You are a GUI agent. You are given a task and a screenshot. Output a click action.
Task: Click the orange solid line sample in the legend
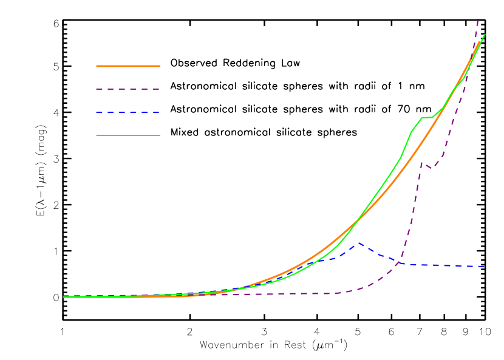coord(128,66)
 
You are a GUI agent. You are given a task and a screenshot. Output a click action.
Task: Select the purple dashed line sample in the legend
coord(128,89)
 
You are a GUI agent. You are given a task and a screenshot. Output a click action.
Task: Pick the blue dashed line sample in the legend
coord(128,112)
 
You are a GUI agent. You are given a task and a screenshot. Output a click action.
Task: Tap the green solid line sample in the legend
coord(128,135)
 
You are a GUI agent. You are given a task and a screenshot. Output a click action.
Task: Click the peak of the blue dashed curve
coord(359,243)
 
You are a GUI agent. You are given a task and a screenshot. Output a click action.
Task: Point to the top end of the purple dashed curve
coord(478,20)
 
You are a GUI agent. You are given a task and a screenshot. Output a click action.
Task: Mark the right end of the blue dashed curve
coord(485,267)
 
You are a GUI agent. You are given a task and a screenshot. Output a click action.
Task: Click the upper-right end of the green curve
coord(485,35)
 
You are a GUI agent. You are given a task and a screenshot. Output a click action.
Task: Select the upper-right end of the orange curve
coord(480,42)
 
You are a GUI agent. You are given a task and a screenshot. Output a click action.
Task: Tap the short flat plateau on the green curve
coord(427,117)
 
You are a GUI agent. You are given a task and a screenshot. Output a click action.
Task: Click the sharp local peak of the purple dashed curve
coord(422,163)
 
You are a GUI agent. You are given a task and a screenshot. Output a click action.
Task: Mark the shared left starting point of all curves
coord(64,297)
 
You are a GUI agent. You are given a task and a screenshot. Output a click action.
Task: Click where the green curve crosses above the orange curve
coord(356,222)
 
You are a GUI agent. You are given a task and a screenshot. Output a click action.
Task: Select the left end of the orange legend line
coord(97,66)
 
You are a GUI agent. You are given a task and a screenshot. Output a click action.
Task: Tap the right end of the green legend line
coord(160,135)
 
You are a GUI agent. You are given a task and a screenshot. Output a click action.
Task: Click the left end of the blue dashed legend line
coord(97,112)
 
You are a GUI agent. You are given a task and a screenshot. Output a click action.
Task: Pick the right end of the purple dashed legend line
coord(160,89)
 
